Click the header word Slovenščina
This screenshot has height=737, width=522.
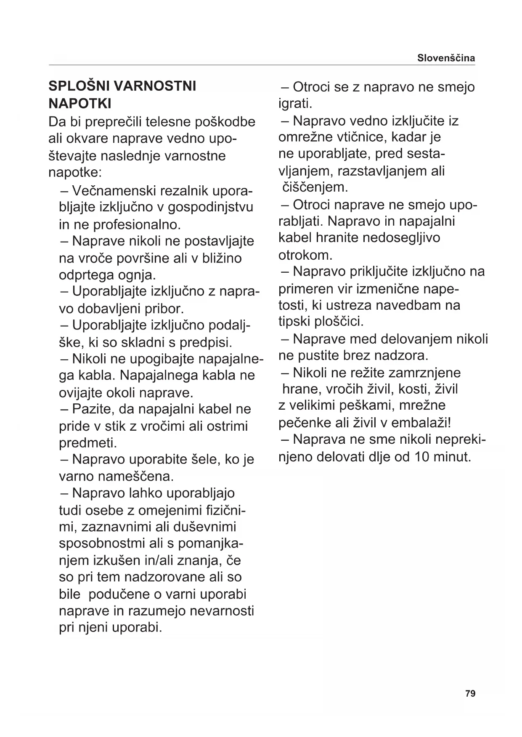pos(446,58)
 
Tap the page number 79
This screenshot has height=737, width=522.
pos(470,693)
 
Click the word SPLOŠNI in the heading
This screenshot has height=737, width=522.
pos(79,86)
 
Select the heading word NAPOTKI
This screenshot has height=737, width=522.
pos(80,103)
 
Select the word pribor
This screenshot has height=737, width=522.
pos(162,309)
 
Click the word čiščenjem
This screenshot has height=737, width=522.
pos(315,187)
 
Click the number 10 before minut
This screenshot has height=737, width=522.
pos(423,457)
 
